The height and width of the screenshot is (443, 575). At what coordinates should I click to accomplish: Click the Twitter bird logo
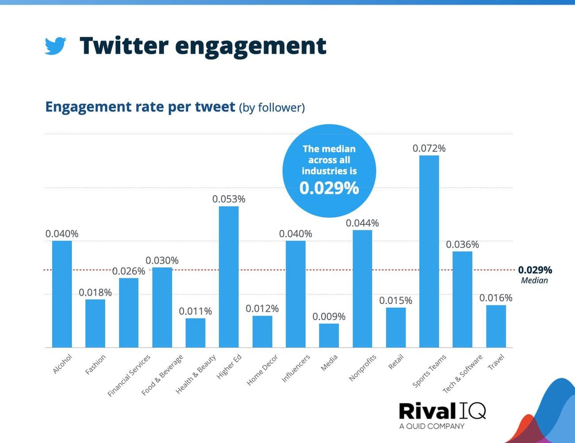[55, 46]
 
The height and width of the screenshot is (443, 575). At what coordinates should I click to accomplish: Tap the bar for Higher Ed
[229, 277]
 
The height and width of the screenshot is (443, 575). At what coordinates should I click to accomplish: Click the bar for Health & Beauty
[195, 332]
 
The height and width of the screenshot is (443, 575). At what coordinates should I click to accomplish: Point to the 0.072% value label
[429, 149]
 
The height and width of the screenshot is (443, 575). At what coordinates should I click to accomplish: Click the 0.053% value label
[229, 199]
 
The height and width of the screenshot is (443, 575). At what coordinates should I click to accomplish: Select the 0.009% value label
[329, 317]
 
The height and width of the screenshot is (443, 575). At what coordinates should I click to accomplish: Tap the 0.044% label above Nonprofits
[362, 223]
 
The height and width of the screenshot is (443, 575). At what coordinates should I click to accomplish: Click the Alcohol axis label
[62, 364]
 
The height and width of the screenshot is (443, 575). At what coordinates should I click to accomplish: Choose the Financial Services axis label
[129, 375]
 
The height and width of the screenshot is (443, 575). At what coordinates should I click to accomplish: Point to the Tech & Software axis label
[463, 374]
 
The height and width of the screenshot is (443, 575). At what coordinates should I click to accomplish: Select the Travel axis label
[496, 362]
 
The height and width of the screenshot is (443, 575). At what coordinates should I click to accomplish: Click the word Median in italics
[534, 280]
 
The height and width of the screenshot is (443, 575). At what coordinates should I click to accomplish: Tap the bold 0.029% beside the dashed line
[535, 270]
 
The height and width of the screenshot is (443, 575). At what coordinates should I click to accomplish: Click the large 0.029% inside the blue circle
[329, 188]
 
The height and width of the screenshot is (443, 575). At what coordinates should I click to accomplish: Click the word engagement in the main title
[251, 46]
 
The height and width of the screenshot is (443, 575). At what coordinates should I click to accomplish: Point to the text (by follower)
[272, 107]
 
